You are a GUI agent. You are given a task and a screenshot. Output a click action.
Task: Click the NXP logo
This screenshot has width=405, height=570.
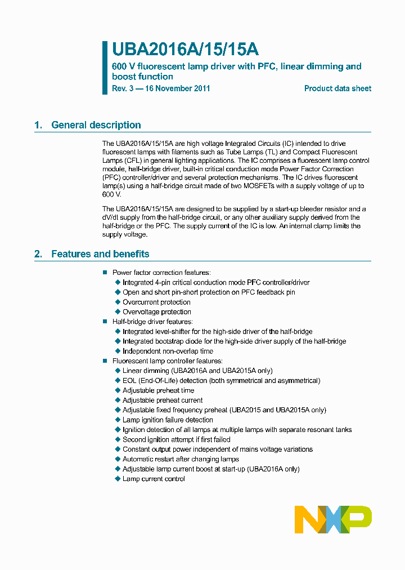[333, 519]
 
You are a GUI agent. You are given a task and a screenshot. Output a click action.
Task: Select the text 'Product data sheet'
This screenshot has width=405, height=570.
[337, 88]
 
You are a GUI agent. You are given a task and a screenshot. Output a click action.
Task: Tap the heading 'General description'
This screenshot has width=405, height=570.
[96, 125]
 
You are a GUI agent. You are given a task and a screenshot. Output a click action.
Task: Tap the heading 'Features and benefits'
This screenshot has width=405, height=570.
[100, 254]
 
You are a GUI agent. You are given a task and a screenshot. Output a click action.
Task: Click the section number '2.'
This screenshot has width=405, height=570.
[38, 254]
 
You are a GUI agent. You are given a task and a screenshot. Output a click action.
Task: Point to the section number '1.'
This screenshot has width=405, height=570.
[38, 125]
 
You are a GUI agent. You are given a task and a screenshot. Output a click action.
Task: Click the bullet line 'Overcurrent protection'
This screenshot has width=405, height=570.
[156, 302]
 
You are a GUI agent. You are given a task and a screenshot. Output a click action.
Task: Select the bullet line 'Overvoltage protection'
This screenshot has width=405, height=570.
[157, 311]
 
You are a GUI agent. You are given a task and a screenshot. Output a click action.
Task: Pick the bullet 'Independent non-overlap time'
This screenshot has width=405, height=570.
[168, 351]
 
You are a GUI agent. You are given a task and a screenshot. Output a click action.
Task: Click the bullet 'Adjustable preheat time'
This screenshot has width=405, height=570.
[158, 390]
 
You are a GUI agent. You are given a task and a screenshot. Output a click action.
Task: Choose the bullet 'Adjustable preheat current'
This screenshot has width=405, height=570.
[163, 400]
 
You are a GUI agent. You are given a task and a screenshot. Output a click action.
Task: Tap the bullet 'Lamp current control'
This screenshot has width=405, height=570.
[154, 479]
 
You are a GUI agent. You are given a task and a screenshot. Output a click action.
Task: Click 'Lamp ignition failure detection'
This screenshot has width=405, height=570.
[168, 420]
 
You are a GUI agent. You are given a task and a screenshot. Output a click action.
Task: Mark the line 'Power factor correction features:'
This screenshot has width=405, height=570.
[161, 273]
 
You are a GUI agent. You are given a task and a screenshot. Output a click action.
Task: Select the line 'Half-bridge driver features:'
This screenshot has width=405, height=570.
[152, 322]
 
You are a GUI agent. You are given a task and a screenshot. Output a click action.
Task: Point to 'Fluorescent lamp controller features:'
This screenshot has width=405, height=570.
[167, 361]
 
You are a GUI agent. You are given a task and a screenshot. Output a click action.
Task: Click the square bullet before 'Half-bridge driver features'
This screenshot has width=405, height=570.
[105, 322]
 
